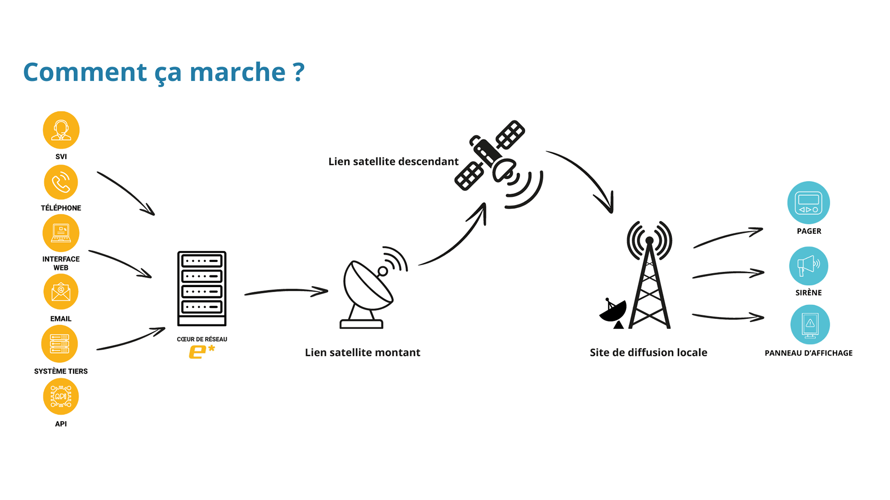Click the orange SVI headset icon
pyautogui.click(x=61, y=130)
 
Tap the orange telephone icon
pyautogui.click(x=61, y=182)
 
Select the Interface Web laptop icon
pyautogui.click(x=61, y=233)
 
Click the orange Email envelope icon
pyautogui.click(x=61, y=292)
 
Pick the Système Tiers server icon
pyautogui.click(x=59, y=344)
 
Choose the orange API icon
pyautogui.click(x=61, y=396)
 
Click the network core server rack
pyautogui.click(x=202, y=288)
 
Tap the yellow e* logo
pyautogui.click(x=202, y=351)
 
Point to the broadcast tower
pyautogui.click(x=649, y=278)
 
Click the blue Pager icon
pyautogui.click(x=808, y=203)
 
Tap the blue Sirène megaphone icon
pyautogui.click(x=808, y=266)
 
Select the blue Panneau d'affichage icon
pyautogui.click(x=810, y=325)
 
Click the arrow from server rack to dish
pyautogui.click(x=286, y=291)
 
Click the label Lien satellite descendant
pyautogui.click(x=393, y=162)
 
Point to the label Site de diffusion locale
pyautogui.click(x=648, y=352)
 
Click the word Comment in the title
pyautogui.click(x=85, y=72)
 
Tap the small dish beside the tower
pyautogui.click(x=613, y=313)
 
